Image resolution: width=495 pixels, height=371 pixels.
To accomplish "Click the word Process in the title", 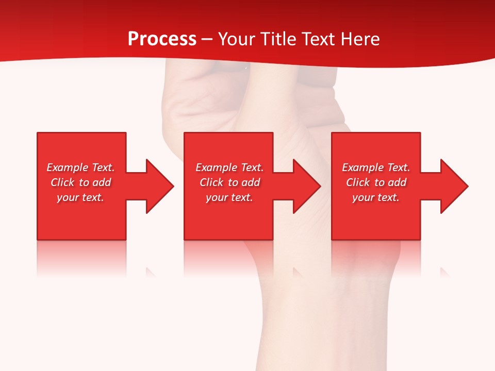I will pyautogui.click(x=162, y=39).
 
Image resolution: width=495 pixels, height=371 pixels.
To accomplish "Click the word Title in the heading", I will pyautogui.click(x=279, y=39).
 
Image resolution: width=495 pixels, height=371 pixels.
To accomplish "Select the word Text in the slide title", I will pyautogui.click(x=319, y=39).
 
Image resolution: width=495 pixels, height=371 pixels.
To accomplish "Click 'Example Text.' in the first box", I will pyautogui.click(x=80, y=167).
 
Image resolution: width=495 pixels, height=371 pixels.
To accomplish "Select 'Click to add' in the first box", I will pyautogui.click(x=80, y=182).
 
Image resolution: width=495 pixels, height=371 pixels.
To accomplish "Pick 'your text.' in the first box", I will pyautogui.click(x=80, y=197).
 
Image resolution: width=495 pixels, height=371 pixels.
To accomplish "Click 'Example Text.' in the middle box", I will pyautogui.click(x=229, y=167).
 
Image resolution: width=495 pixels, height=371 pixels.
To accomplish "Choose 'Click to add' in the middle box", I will pyautogui.click(x=229, y=182).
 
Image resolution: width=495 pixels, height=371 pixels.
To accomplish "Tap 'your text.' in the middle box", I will pyautogui.click(x=229, y=197).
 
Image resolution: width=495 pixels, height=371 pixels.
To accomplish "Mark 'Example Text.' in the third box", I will pyautogui.click(x=376, y=167).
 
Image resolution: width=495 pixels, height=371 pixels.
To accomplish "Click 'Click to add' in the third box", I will pyautogui.click(x=376, y=182).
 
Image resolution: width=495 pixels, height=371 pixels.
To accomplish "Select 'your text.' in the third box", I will pyautogui.click(x=376, y=197).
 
